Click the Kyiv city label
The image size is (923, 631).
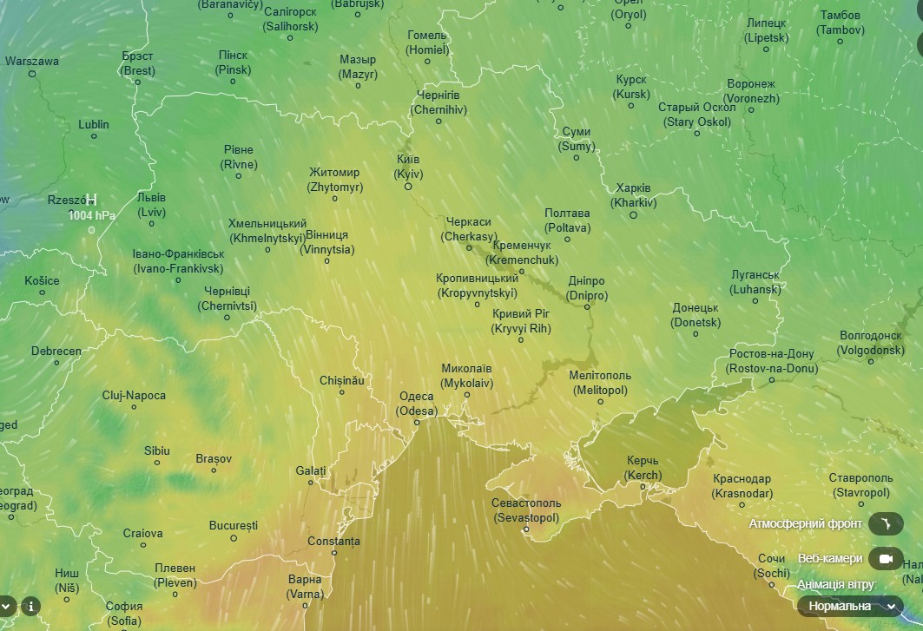(x=407, y=167)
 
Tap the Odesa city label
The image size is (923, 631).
(x=416, y=404)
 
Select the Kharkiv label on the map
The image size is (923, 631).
(x=633, y=195)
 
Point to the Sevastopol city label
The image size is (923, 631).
(x=526, y=510)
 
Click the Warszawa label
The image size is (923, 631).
(x=32, y=62)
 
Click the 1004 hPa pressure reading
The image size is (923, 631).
(x=92, y=215)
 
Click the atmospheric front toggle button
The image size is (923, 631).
(x=886, y=524)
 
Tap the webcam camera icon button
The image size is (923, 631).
(x=886, y=558)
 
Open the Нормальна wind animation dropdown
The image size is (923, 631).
(x=851, y=606)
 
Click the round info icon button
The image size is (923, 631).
(x=31, y=606)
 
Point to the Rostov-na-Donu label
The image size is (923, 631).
(x=771, y=361)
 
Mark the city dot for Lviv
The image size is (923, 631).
(x=152, y=224)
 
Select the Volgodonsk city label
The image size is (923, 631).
(x=871, y=343)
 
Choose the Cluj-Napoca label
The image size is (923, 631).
(x=134, y=396)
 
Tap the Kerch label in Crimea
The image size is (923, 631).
(x=643, y=469)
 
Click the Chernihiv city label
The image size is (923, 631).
(x=438, y=102)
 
